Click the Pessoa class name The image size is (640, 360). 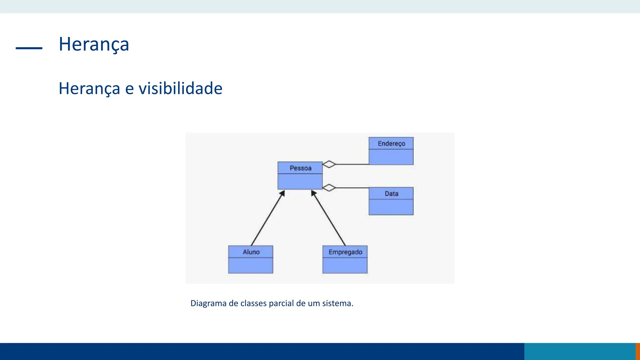pyautogui.click(x=300, y=168)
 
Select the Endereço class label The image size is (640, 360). pyautogui.click(x=391, y=143)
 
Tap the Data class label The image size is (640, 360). pyautogui.click(x=391, y=194)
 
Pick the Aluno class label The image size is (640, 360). pyautogui.click(x=251, y=252)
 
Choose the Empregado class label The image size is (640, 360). pyautogui.click(x=345, y=252)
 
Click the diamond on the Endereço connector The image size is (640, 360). pyautogui.click(x=329, y=164)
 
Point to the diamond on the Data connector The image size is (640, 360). pyautogui.click(x=329, y=187)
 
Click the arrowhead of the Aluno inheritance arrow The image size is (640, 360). pyautogui.click(x=282, y=193)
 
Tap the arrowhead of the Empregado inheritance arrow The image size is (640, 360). pyautogui.click(x=313, y=193)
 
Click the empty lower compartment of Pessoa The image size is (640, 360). pyautogui.click(x=300, y=181)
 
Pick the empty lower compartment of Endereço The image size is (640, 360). pyautogui.click(x=391, y=157)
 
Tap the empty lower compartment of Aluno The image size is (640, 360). pyautogui.click(x=251, y=265)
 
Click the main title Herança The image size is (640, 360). pyautogui.click(x=94, y=44)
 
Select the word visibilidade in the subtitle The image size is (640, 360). pyautogui.click(x=180, y=88)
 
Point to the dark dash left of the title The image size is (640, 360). pyautogui.click(x=29, y=48)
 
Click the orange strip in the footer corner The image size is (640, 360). pyautogui.click(x=637, y=351)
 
